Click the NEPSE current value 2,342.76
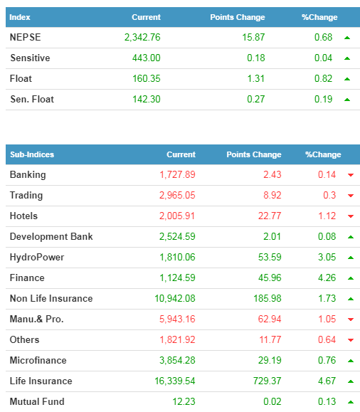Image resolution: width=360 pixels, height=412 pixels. [x=142, y=37]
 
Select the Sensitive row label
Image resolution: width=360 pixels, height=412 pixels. [x=30, y=58]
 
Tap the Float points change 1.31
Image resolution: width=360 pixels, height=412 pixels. [x=255, y=78]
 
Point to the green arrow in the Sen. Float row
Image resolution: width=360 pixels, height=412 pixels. [x=347, y=100]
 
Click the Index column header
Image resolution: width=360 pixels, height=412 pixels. [x=20, y=17]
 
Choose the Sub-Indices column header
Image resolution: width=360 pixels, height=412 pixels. [x=32, y=154]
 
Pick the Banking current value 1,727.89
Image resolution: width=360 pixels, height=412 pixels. [x=177, y=175]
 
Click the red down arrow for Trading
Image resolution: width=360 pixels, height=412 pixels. [x=351, y=196]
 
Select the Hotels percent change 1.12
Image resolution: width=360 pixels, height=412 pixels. [x=327, y=216]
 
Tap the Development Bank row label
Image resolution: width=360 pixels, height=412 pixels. [x=51, y=236]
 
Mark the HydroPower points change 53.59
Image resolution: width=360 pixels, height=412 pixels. [x=270, y=258]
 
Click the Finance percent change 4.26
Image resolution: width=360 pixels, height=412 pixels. [x=327, y=278]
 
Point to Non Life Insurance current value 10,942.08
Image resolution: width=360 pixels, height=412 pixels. [x=175, y=298]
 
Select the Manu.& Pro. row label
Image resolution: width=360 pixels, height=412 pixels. [x=37, y=319]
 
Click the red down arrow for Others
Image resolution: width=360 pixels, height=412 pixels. [x=351, y=340]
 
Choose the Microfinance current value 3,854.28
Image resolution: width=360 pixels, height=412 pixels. [x=177, y=360]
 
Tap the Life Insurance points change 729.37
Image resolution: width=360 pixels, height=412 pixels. [x=267, y=381]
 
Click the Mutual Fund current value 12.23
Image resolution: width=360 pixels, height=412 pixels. [x=184, y=401]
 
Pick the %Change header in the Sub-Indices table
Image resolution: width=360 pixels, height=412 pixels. [x=323, y=154]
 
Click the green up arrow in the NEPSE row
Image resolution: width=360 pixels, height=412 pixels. [x=347, y=38]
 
